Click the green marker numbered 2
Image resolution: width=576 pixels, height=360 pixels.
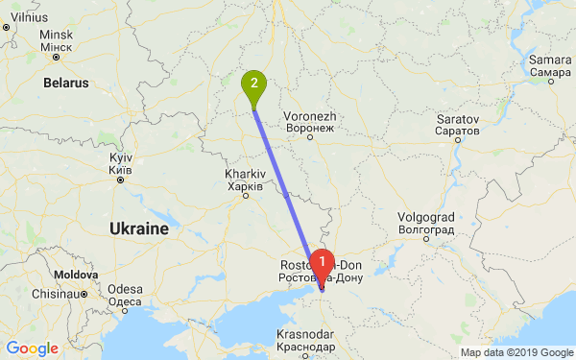coord(253,84)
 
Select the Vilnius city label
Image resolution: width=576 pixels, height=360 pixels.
coord(29,17)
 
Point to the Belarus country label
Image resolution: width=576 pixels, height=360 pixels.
coord(65,84)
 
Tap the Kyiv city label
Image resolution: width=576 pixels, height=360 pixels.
coord(120,162)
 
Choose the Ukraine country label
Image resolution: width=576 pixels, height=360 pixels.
coord(139,229)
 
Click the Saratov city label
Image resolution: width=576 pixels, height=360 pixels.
coord(456,123)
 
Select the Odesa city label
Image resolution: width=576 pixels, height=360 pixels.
coord(125,295)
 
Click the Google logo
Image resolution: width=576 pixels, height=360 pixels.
coord(33,348)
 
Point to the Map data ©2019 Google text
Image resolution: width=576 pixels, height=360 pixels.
coord(515,352)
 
